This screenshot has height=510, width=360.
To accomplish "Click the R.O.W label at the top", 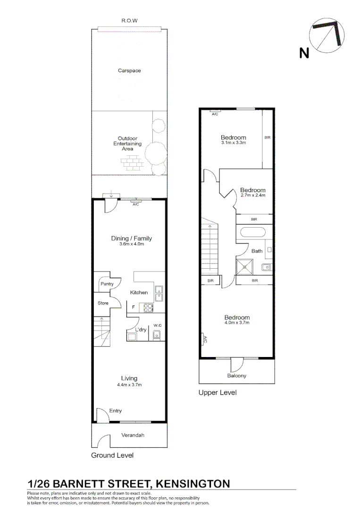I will [129, 21].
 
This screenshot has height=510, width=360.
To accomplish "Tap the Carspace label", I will [129, 71].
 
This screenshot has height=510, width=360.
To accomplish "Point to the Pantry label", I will [107, 284].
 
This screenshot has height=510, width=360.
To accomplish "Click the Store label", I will [103, 303].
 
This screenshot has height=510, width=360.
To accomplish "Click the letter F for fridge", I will [134, 307].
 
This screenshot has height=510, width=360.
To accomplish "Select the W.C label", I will [157, 325].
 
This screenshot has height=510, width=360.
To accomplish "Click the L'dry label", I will [141, 330].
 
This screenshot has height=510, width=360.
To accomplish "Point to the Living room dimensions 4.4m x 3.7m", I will [129, 385].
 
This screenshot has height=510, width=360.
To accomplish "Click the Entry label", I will [116, 411].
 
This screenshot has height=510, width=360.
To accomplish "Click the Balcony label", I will [236, 376].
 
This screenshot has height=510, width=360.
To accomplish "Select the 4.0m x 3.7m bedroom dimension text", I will [237, 323].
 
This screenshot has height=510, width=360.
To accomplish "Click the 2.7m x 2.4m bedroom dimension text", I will [253, 195].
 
